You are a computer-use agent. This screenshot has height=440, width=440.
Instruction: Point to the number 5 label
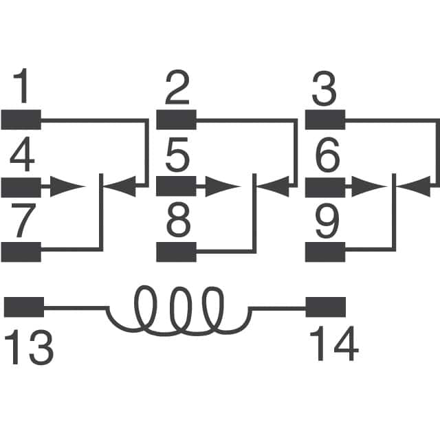[x=177, y=158]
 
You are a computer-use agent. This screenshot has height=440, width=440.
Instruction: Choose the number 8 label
[x=177, y=223]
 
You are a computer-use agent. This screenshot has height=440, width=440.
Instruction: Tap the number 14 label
[x=333, y=346]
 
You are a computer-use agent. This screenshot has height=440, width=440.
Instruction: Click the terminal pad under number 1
[x=21, y=120]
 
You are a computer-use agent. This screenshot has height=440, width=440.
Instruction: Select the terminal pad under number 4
[x=21, y=186]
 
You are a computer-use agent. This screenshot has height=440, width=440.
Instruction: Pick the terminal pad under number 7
[x=21, y=252]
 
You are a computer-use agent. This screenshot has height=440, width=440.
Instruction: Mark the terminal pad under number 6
[x=324, y=186]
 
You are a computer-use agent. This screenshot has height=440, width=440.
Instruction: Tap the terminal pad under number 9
[x=324, y=252]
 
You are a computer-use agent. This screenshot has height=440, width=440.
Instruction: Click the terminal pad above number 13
[x=24, y=307]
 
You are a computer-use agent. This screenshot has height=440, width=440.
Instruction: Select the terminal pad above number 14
[x=324, y=307]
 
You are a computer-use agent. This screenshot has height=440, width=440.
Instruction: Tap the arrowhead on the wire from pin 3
[x=415, y=184]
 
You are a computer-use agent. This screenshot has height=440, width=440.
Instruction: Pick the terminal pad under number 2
[x=177, y=120]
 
